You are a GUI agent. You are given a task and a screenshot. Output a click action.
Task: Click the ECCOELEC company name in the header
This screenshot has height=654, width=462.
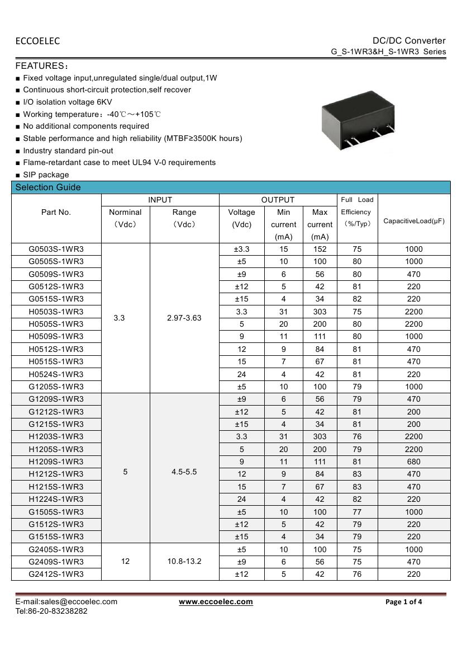(37, 41)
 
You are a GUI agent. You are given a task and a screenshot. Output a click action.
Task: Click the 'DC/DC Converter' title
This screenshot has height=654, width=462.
(409, 40)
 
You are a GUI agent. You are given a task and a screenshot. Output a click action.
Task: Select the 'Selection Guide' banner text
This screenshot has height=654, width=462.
(48, 187)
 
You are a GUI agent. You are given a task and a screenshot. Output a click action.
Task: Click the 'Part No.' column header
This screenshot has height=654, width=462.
(56, 212)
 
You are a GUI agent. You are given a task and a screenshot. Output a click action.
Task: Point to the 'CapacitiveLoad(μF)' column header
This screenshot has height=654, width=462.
(414, 221)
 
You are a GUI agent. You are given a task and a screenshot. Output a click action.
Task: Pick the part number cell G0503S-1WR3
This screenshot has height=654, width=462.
(56, 249)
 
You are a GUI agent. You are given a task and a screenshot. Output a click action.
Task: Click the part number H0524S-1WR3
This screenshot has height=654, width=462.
(56, 374)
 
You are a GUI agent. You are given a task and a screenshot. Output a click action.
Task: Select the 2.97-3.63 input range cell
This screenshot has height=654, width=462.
(184, 318)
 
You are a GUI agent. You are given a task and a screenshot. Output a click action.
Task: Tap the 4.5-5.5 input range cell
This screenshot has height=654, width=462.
(184, 472)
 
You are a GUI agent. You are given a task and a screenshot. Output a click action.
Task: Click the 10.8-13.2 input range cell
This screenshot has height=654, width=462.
(184, 561)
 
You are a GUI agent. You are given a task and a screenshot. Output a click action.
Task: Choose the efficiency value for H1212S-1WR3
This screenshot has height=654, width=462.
(357, 474)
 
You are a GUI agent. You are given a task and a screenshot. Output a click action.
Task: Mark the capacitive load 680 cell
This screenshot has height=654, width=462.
(414, 462)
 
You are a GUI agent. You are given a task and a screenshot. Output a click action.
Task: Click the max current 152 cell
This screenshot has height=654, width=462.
(320, 249)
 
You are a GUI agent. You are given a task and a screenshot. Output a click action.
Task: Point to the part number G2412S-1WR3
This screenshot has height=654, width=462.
(56, 574)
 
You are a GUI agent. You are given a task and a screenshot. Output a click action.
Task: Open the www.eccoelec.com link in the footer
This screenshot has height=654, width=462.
(216, 602)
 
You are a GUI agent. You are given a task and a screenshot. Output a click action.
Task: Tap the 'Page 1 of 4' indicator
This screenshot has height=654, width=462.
(404, 602)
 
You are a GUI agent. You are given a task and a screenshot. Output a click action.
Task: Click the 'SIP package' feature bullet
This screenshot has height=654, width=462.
(46, 175)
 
